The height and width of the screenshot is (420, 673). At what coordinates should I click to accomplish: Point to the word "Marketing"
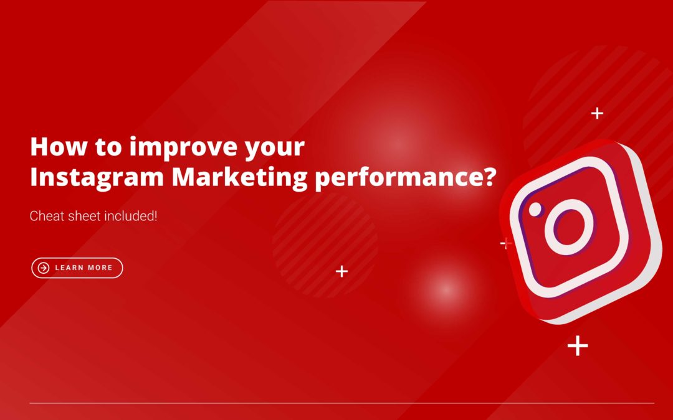click(x=239, y=177)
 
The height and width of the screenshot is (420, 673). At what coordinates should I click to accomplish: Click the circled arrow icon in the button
click(x=44, y=268)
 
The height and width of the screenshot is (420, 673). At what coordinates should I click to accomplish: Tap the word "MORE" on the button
click(x=99, y=268)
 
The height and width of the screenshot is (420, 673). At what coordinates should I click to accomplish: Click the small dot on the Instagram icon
click(x=535, y=210)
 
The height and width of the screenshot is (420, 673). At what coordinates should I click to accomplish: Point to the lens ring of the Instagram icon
click(x=570, y=226)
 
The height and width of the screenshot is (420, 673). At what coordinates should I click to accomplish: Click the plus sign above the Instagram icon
click(x=597, y=113)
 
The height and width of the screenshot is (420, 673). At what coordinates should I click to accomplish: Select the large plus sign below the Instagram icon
click(x=578, y=345)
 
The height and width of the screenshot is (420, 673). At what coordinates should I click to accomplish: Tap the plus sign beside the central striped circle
click(x=341, y=271)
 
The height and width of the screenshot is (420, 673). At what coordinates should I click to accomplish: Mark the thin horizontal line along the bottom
click(x=341, y=403)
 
